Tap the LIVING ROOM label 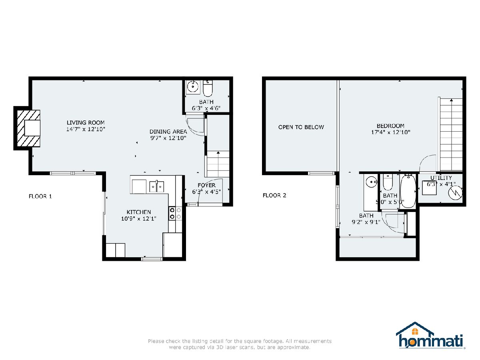pyautogui.click(x=86, y=123)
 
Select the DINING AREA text pyautogui.click(x=168, y=132)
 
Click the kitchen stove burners pyautogui.click(x=175, y=213)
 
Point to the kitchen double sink pyautogui.click(x=156, y=186)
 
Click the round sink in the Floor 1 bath pyautogui.click(x=193, y=86)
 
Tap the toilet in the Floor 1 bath pyautogui.click(x=208, y=88)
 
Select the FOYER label pyautogui.click(x=207, y=185)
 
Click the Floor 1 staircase pyautogui.click(x=218, y=164)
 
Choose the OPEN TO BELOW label pyautogui.click(x=301, y=127)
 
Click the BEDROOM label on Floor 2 pyautogui.click(x=390, y=126)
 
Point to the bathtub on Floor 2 pyautogui.click(x=408, y=191)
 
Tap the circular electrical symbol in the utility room pyautogui.click(x=455, y=192)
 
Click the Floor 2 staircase pyautogui.click(x=451, y=135)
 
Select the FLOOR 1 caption pyautogui.click(x=40, y=196)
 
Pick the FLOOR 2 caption pyautogui.click(x=274, y=195)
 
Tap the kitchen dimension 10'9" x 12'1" pyautogui.click(x=139, y=218)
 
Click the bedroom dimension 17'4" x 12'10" pyautogui.click(x=390, y=132)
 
